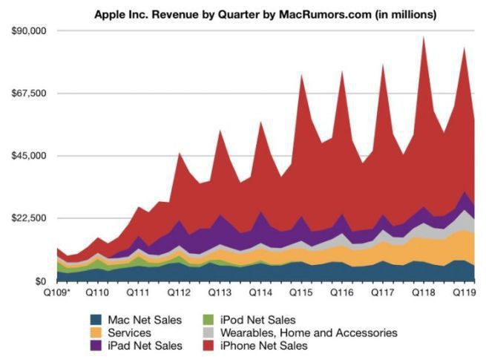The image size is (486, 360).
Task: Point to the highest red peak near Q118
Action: pyautogui.click(x=424, y=37)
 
